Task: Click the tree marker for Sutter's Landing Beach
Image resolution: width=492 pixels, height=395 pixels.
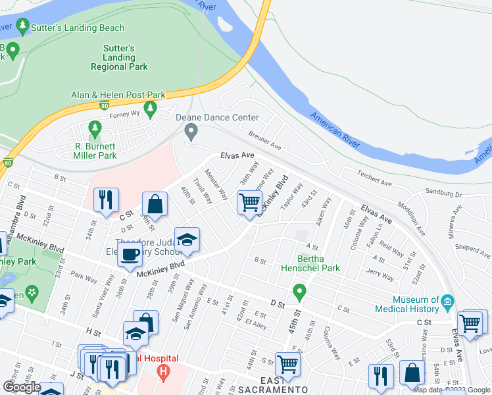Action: [24, 27]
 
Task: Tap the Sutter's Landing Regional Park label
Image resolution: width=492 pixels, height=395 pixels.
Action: [118, 58]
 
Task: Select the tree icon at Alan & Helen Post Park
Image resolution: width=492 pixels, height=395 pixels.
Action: [151, 109]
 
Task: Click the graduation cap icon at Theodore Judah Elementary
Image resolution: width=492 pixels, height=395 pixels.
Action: [187, 240]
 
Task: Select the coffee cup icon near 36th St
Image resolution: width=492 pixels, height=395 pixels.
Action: [130, 254]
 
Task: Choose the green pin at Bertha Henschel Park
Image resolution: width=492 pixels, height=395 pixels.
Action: [300, 290]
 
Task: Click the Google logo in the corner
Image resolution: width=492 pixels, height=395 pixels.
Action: [22, 387]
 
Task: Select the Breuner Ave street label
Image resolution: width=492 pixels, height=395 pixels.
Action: [264, 139]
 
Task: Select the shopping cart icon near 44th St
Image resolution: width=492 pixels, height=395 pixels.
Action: [287, 363]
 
